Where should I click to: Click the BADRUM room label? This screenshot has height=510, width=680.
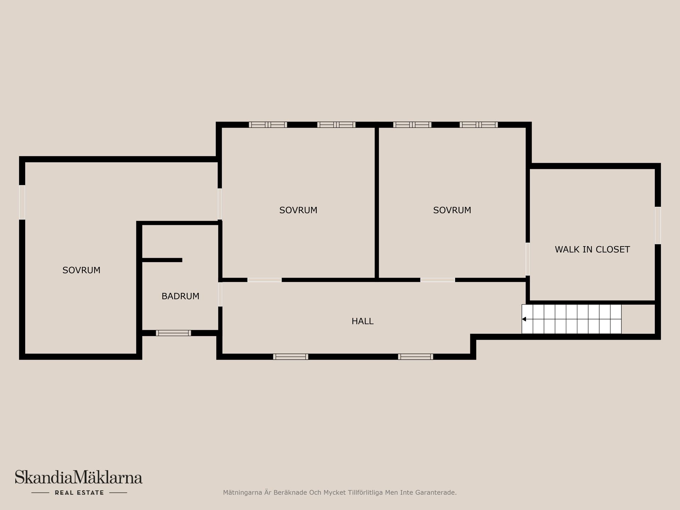click(180, 296)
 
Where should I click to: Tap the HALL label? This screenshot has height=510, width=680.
click(362, 321)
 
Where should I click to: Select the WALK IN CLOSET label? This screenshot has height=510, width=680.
click(592, 249)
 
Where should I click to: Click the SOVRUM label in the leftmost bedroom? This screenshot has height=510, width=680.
click(81, 270)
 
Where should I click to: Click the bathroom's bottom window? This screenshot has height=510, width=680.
click(173, 333)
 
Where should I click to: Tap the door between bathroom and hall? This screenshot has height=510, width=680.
click(220, 294)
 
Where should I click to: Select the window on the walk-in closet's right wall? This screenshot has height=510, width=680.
click(658, 225)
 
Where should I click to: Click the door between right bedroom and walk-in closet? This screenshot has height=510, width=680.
click(527, 259)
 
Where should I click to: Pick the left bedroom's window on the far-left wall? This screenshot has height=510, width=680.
click(22, 202)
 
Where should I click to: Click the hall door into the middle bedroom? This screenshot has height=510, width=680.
click(265, 280)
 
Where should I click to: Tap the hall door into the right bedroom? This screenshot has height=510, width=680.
click(438, 280)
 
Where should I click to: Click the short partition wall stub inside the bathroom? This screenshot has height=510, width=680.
click(162, 260)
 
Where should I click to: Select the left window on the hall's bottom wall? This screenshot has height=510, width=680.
click(290, 357)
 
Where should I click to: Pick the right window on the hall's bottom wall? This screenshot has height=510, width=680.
click(415, 357)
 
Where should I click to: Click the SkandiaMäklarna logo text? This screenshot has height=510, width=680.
click(79, 477)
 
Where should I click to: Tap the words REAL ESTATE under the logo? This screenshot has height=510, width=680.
click(79, 493)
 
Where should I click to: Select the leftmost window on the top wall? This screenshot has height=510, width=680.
click(268, 125)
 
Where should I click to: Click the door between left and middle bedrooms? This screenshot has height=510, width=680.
click(220, 204)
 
